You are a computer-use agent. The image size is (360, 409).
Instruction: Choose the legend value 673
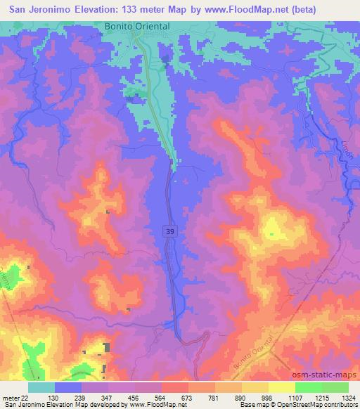(x=185, y=397)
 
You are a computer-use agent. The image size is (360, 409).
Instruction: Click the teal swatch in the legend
(x=41, y=387)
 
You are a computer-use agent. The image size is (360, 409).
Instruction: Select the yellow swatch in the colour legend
(x=282, y=387)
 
